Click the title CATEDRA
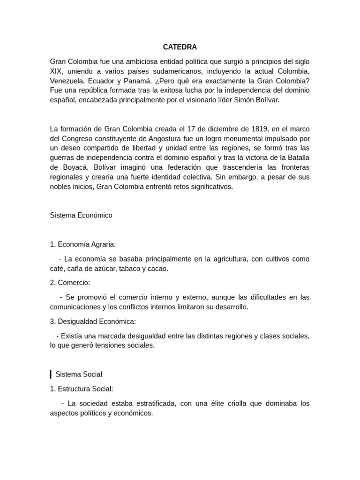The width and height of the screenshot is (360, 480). [x=180, y=47]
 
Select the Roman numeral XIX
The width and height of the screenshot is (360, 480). [x=57, y=71]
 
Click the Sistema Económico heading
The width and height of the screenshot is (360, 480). [x=81, y=215]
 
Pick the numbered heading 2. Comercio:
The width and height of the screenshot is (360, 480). [x=70, y=283]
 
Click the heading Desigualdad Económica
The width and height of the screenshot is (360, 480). [x=97, y=321]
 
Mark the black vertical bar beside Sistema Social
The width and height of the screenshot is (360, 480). [x=51, y=374]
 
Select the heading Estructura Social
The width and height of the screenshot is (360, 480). [x=85, y=389]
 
